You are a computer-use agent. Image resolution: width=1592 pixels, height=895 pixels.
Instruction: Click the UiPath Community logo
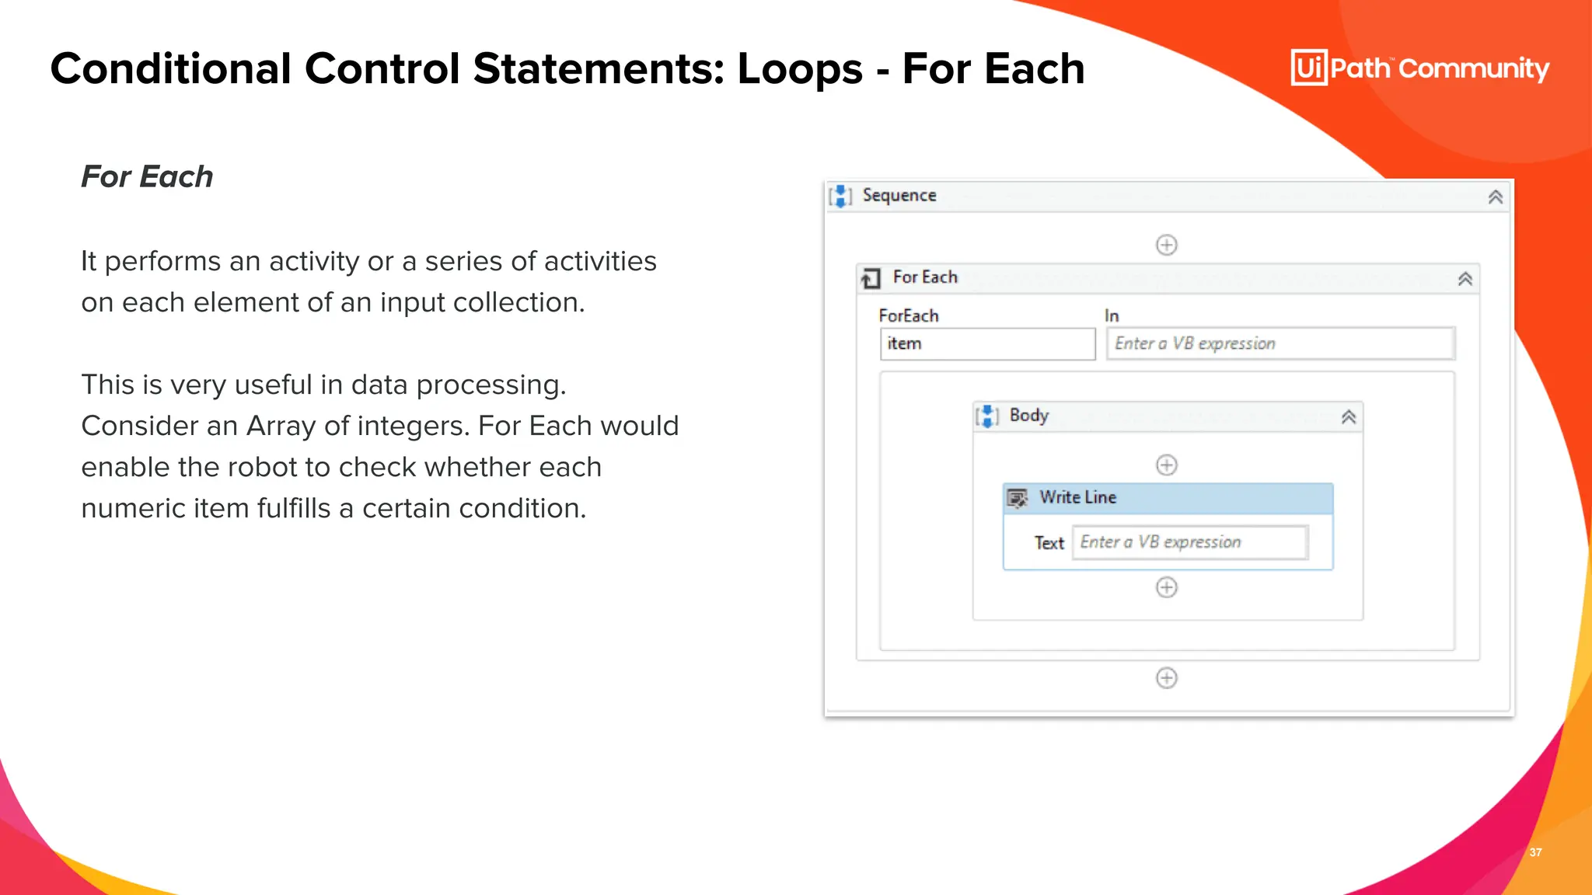click(1419, 68)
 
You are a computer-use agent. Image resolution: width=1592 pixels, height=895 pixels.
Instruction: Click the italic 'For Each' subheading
click(147, 176)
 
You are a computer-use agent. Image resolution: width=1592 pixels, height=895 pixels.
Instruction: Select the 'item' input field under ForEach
click(986, 343)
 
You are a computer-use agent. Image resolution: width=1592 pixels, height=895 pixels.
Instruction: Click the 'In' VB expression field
click(1280, 343)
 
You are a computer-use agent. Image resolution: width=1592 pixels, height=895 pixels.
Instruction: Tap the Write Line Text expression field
click(1190, 542)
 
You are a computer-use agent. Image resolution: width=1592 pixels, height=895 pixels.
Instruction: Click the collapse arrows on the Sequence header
click(1495, 197)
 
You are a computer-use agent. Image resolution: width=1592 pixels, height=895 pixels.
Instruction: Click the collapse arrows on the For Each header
click(1465, 279)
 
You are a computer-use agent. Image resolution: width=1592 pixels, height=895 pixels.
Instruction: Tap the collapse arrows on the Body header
click(1349, 417)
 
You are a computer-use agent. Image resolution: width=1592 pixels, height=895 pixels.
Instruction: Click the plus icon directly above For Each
click(1166, 245)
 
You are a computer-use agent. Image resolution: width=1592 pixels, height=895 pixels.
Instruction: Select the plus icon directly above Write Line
click(1166, 465)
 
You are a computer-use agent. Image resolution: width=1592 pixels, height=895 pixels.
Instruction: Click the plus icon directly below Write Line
click(1166, 587)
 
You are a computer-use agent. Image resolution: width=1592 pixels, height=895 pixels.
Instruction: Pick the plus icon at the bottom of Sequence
click(1166, 678)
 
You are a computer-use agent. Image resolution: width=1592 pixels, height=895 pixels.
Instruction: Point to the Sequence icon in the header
click(840, 196)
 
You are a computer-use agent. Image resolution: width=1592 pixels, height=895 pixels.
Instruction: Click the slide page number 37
click(1535, 852)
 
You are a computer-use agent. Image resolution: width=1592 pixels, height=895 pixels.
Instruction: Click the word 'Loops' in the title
click(800, 68)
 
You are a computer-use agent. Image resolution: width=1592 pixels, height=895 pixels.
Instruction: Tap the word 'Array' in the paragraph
click(280, 426)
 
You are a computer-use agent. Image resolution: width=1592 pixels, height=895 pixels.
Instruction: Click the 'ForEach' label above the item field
click(908, 315)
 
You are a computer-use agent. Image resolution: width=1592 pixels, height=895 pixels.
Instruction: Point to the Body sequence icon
click(986, 416)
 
